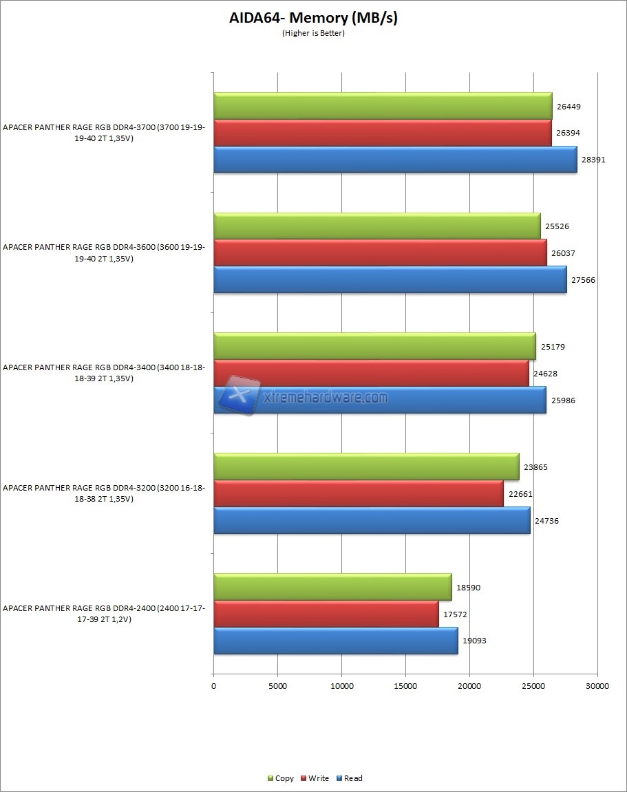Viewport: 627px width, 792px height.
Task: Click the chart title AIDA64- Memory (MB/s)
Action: click(x=313, y=18)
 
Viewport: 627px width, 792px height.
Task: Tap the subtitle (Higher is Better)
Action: click(x=313, y=33)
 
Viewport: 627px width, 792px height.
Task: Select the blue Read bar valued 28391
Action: click(x=395, y=160)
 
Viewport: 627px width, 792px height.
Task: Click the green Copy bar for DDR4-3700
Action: click(x=383, y=106)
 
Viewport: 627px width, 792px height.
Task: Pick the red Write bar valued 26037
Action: click(x=380, y=253)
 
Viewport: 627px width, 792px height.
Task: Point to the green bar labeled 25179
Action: click(x=374, y=346)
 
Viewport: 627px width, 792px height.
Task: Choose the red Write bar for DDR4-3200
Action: click(x=358, y=493)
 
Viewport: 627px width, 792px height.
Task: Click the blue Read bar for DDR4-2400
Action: click(x=335, y=640)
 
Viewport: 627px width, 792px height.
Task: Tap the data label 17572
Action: click(x=455, y=614)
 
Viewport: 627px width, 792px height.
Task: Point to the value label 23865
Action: click(x=536, y=467)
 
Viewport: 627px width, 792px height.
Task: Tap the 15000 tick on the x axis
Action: click(x=405, y=686)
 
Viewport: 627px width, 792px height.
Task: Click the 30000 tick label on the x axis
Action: click(x=597, y=686)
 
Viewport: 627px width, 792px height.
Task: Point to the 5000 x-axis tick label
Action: click(x=277, y=686)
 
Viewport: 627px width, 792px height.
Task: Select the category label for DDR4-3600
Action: click(x=103, y=253)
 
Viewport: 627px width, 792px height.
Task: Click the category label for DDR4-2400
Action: click(x=103, y=614)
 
